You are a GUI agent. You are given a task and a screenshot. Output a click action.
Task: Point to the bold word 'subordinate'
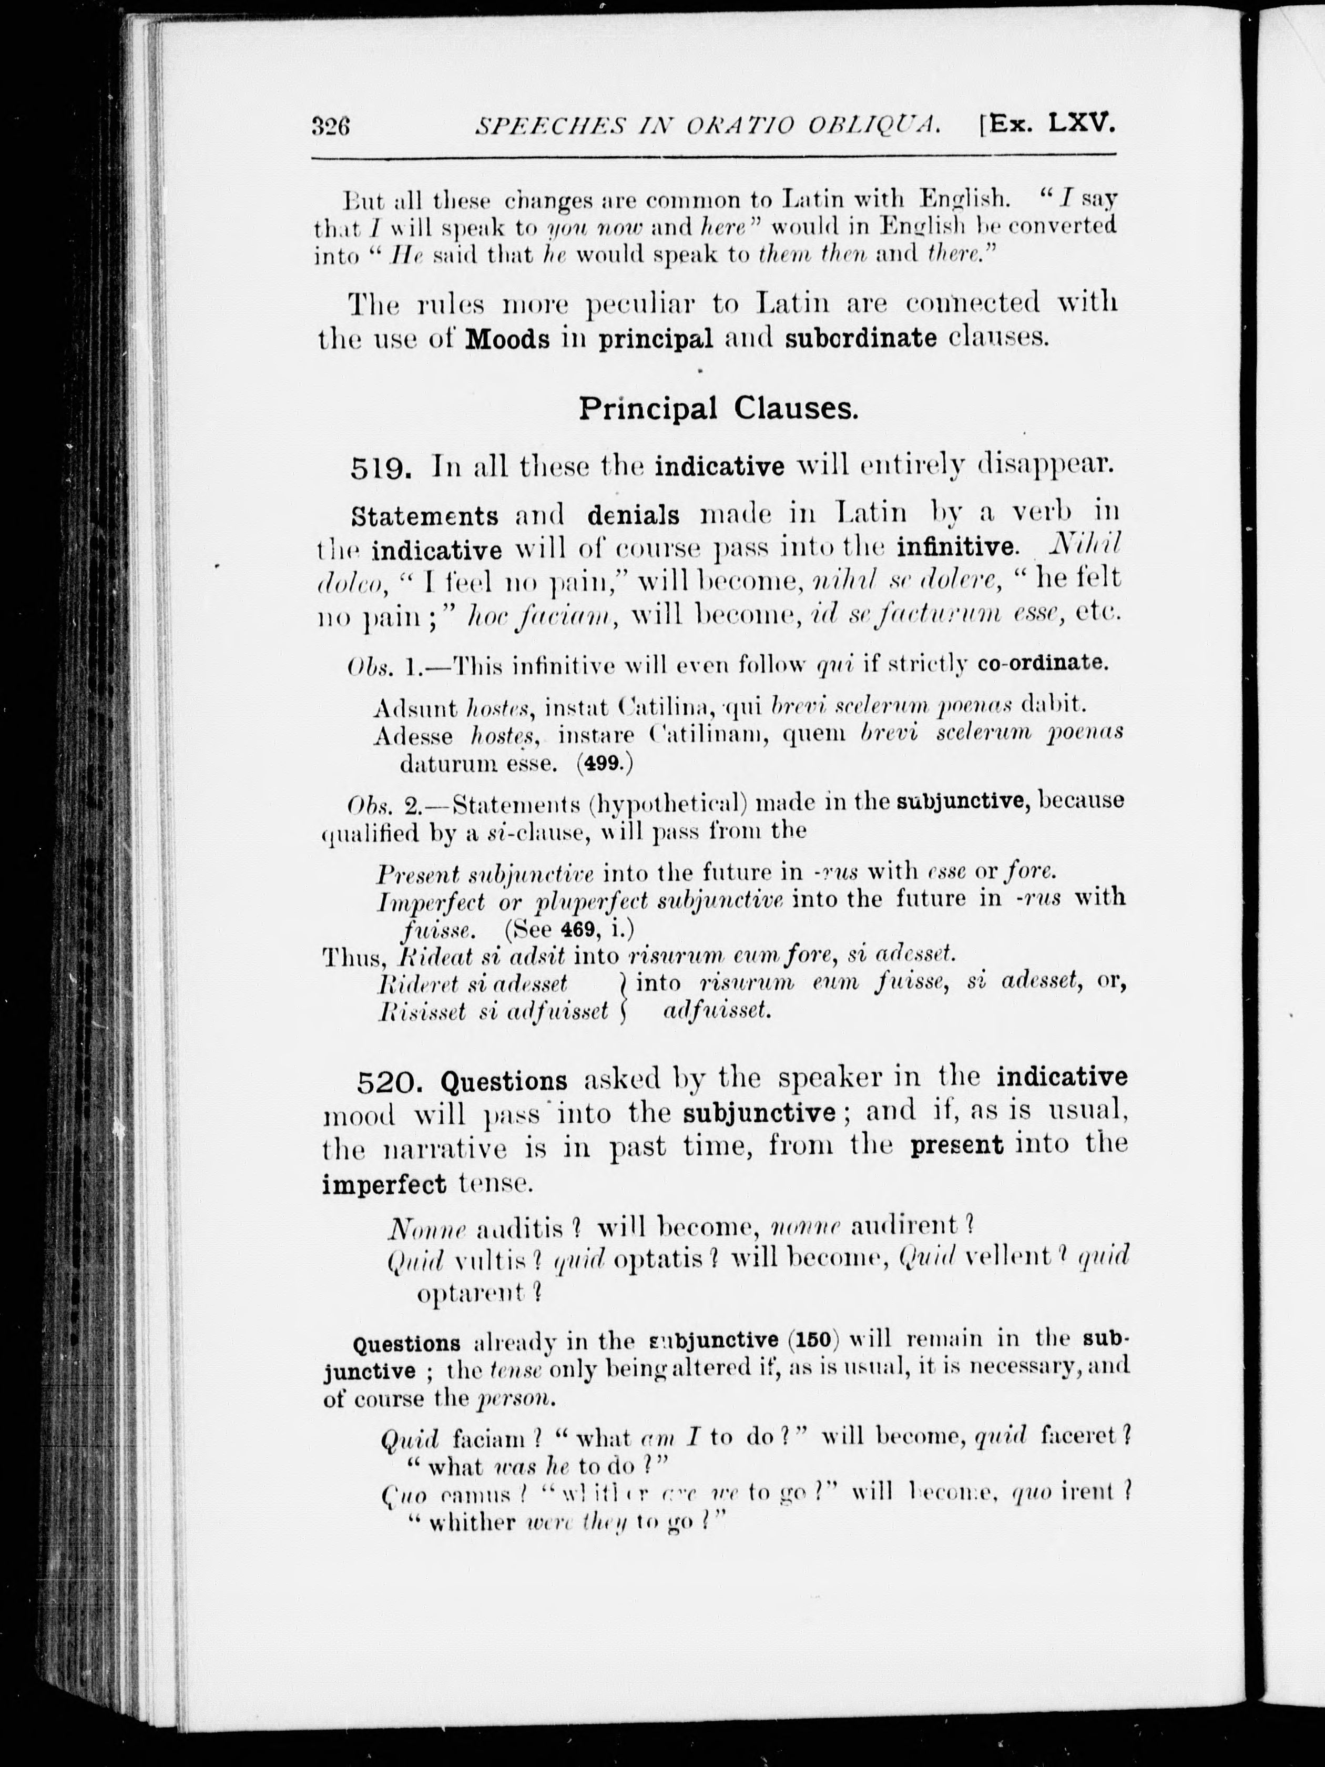pyautogui.click(x=861, y=338)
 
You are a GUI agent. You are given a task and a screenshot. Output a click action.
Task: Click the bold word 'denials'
pyautogui.click(x=634, y=515)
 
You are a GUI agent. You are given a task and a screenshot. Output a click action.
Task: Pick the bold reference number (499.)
pyautogui.click(x=605, y=763)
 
